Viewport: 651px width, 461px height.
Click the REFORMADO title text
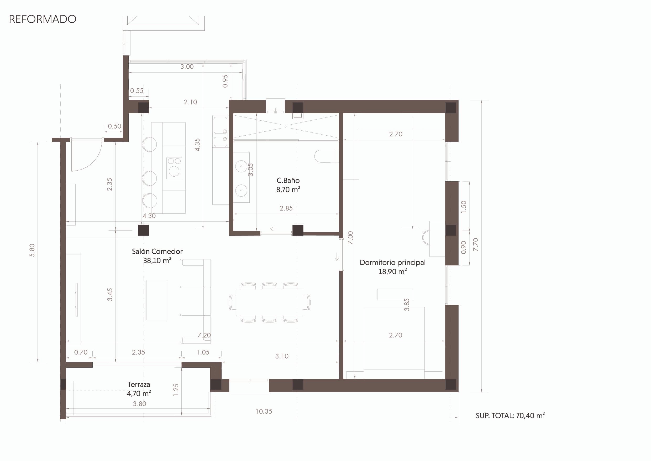(43, 19)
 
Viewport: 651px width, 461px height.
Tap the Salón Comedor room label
(157, 252)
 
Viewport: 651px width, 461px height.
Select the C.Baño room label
(288, 181)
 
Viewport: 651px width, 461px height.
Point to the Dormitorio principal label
(393, 263)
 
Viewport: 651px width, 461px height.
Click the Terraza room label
(139, 385)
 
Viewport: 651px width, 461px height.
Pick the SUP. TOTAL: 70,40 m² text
(510, 416)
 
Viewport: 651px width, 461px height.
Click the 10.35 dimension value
(264, 411)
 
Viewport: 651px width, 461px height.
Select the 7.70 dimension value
(475, 244)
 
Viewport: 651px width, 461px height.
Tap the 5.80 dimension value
(32, 250)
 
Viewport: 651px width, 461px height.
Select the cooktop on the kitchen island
(174, 168)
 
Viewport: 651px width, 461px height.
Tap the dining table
(269, 302)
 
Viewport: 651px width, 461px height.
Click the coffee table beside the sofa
(157, 300)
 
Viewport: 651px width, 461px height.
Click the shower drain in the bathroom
(286, 127)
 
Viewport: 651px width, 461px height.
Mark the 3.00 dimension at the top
(187, 67)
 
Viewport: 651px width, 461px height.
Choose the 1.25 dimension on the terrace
(176, 390)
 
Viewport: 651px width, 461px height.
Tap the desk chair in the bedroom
(426, 237)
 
